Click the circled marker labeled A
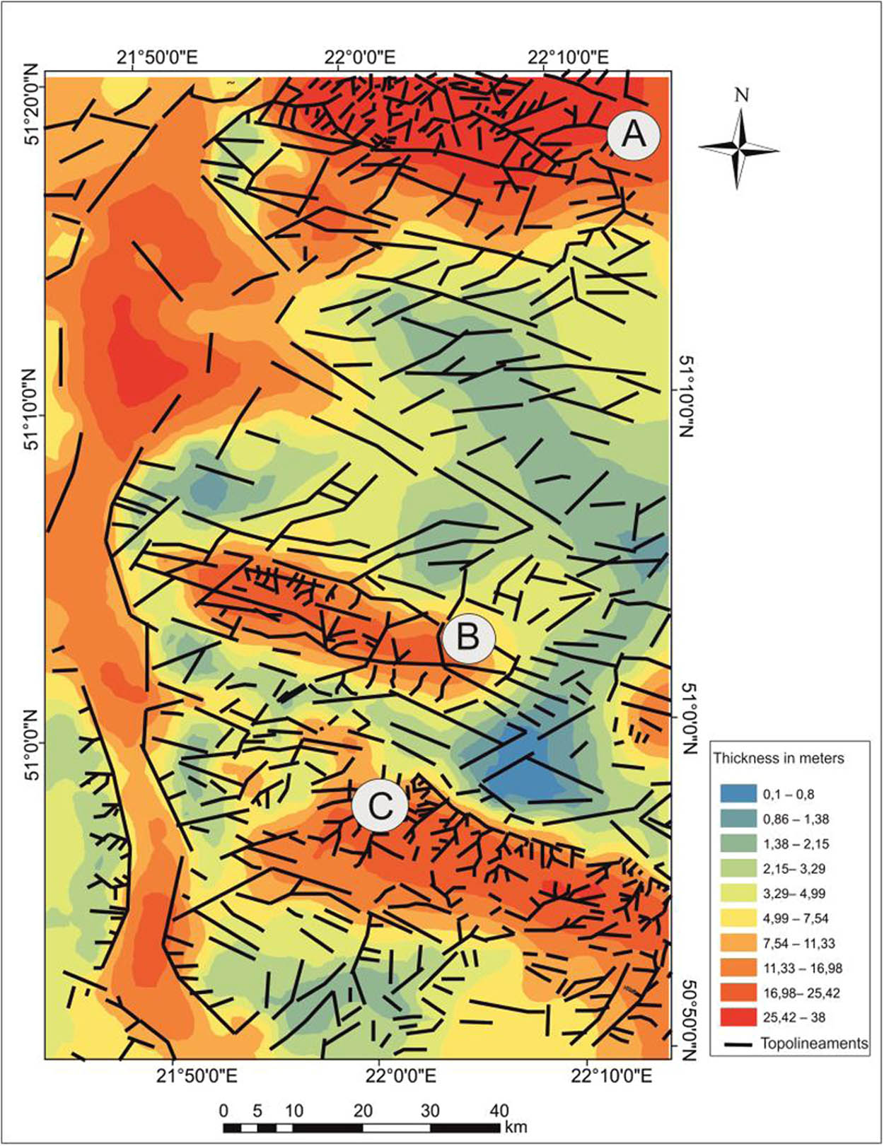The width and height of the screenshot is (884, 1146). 634,134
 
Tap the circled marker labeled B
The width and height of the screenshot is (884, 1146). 468,637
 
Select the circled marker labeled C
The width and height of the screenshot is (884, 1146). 380,806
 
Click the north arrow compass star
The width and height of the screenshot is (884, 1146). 739,149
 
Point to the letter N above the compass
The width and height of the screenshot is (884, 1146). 741,95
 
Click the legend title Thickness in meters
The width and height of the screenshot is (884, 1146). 779,759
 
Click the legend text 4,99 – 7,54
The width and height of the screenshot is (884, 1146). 796,918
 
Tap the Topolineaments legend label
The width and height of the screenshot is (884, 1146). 814,1043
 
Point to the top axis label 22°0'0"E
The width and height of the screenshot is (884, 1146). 361,57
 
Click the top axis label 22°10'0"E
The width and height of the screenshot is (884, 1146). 568,57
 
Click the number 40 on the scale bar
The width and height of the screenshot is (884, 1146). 499,1111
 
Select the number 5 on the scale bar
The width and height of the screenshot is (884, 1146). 257,1111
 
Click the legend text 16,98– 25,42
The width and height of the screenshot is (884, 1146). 801,993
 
